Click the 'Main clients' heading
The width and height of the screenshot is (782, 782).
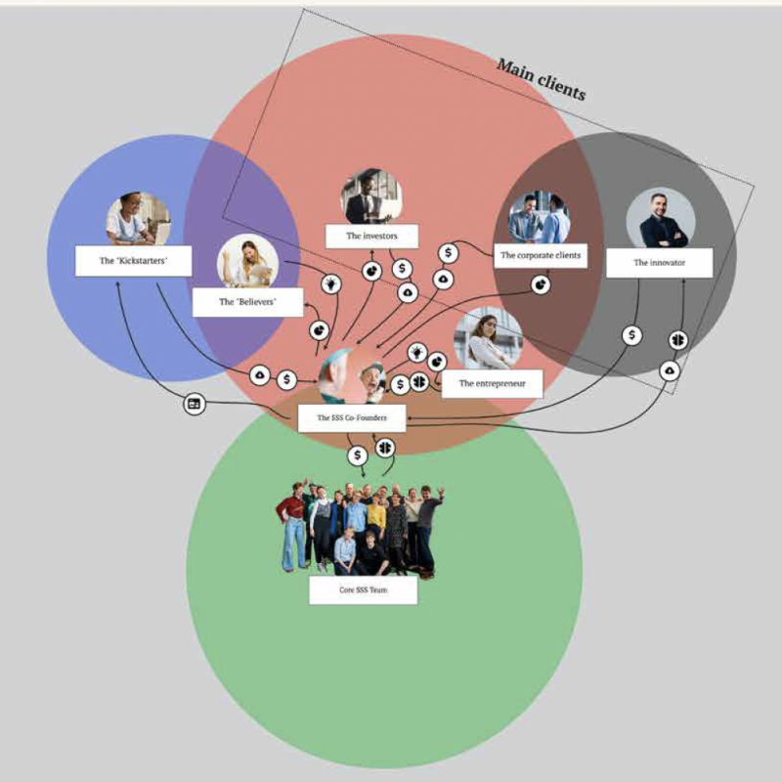[542, 80]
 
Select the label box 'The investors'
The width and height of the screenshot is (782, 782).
[372, 236]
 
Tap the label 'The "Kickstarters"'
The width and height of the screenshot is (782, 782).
[133, 261]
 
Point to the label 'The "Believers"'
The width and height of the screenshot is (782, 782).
[248, 302]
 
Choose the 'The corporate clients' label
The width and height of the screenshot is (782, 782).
[541, 255]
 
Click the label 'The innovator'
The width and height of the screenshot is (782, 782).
[659, 263]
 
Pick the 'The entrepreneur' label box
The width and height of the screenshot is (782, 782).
[493, 383]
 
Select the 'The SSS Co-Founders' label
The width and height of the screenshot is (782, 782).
[352, 418]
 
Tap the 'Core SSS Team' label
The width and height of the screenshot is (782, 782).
[363, 590]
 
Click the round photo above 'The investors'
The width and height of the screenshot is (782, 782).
[372, 196]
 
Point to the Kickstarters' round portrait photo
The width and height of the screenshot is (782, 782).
[138, 219]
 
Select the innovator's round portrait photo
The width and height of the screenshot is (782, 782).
[661, 218]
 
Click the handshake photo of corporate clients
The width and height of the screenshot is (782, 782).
[540, 217]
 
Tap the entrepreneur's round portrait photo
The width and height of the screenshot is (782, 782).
[489, 338]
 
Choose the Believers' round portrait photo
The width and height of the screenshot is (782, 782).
[248, 261]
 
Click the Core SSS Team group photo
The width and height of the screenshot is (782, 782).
[360, 530]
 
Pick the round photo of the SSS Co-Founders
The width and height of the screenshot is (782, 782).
[352, 376]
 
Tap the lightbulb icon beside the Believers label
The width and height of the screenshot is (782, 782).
[331, 283]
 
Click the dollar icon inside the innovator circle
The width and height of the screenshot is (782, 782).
[631, 335]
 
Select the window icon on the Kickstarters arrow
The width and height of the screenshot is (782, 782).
[194, 404]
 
